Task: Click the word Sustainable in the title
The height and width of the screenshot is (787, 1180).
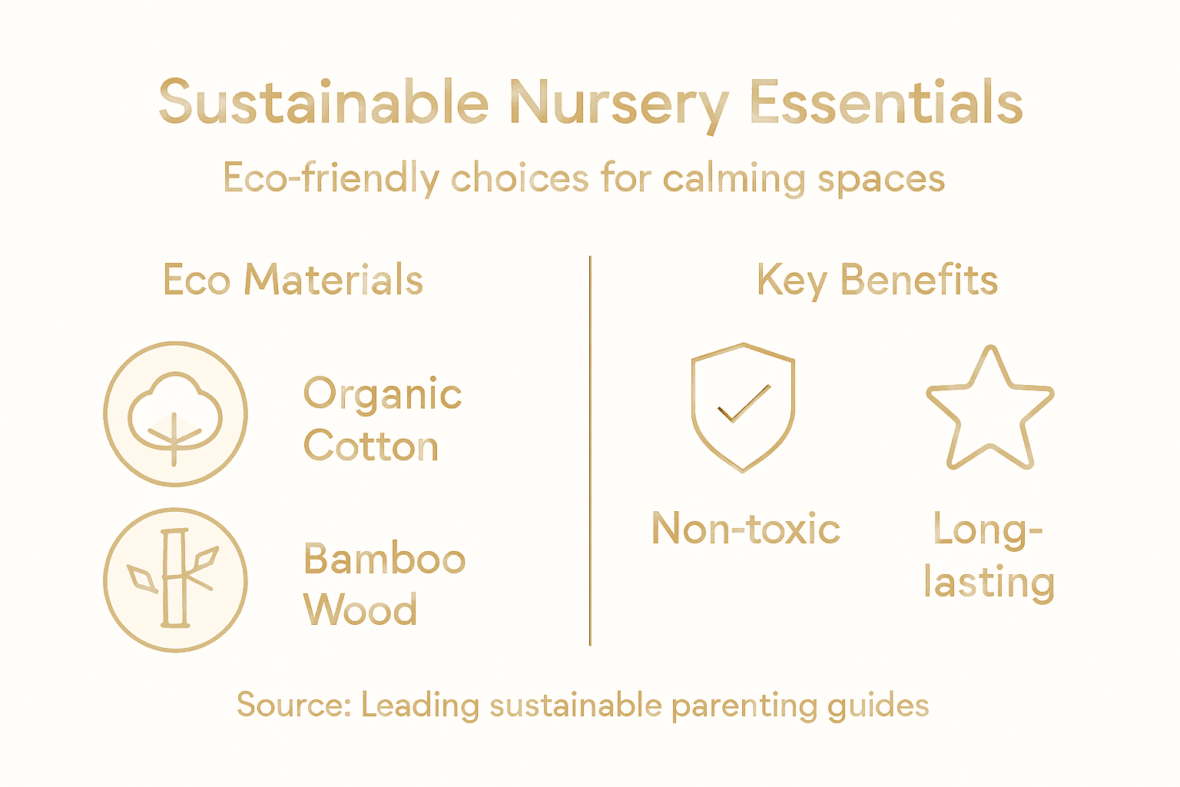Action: [x=323, y=103]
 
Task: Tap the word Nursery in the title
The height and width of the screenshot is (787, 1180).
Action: [x=618, y=105]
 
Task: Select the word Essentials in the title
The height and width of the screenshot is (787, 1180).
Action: [x=886, y=103]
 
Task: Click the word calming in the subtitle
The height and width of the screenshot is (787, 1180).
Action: [x=734, y=179]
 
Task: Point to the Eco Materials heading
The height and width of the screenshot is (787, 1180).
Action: [x=293, y=280]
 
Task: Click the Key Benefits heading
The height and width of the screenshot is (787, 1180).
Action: [x=877, y=280]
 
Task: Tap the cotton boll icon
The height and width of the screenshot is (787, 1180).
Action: [x=175, y=413]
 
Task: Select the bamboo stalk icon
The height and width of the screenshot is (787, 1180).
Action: [x=175, y=579]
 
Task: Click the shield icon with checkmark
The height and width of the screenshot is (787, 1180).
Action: [x=743, y=407]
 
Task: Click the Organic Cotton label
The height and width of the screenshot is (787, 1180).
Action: [x=382, y=420]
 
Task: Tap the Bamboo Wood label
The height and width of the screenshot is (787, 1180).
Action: [x=383, y=584]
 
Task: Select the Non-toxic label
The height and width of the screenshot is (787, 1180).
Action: [x=745, y=530]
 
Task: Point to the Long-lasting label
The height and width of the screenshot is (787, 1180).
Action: [x=989, y=556]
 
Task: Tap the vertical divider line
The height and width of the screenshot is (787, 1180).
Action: [x=590, y=450]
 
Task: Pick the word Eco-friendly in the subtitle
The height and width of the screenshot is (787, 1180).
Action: [x=330, y=179]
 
